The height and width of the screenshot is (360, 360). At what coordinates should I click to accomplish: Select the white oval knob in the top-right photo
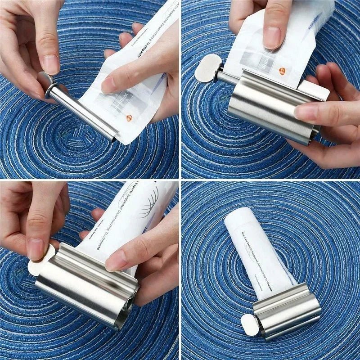click(207, 68)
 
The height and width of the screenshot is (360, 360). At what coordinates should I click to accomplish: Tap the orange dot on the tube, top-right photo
click(282, 71)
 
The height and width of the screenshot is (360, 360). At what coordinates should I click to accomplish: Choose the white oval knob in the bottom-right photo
click(249, 324)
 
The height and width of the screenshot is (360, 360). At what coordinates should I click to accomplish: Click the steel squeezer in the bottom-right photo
click(288, 310)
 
